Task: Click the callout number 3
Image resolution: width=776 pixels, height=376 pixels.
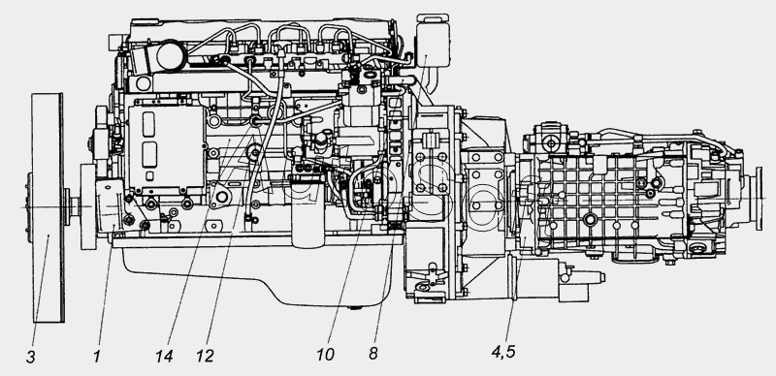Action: click(x=31, y=358)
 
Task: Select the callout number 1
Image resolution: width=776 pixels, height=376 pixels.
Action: click(x=97, y=357)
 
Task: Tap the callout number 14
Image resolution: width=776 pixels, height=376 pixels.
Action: click(x=164, y=357)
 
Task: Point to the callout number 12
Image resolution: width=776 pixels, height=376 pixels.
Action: click(x=205, y=357)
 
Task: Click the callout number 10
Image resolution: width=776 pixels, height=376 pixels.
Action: click(x=326, y=355)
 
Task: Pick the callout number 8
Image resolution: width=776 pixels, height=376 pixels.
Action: click(x=373, y=354)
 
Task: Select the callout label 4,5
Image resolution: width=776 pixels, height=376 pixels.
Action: click(x=503, y=352)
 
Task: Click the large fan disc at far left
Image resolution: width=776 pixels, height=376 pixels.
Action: click(x=48, y=207)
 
